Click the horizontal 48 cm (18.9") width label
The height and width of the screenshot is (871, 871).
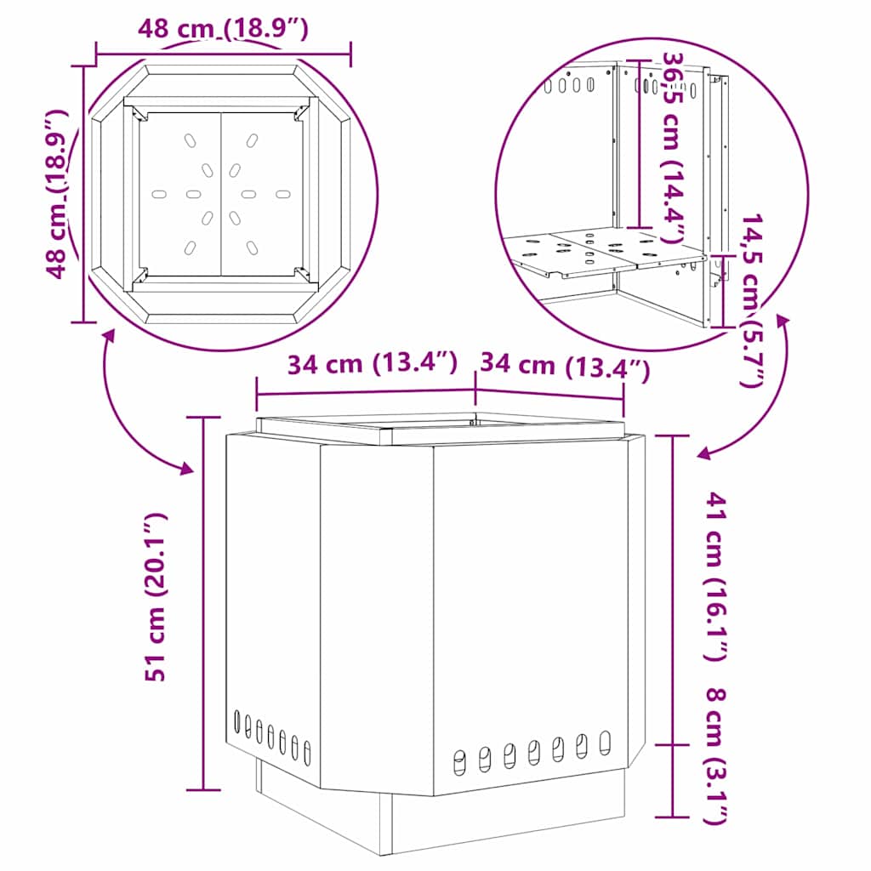[223, 28]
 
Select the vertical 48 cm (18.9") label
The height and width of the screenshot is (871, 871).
[56, 193]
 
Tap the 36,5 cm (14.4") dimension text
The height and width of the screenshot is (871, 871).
[672, 147]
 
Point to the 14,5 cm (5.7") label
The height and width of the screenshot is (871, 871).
[752, 300]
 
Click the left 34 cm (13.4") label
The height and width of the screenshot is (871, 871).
[373, 364]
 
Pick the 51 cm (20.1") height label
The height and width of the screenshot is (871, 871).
[156, 596]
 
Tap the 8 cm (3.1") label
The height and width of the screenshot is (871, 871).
[716, 756]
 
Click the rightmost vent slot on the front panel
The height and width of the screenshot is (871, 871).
[605, 743]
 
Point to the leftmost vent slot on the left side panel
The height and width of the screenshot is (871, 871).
[237, 721]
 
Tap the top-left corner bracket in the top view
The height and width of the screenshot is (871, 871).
[139, 114]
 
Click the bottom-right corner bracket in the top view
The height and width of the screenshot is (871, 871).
[303, 275]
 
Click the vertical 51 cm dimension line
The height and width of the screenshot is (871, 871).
[203, 603]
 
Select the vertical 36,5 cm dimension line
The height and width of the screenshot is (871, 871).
[640, 144]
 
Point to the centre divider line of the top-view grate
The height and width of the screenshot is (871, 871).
[221, 195]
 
